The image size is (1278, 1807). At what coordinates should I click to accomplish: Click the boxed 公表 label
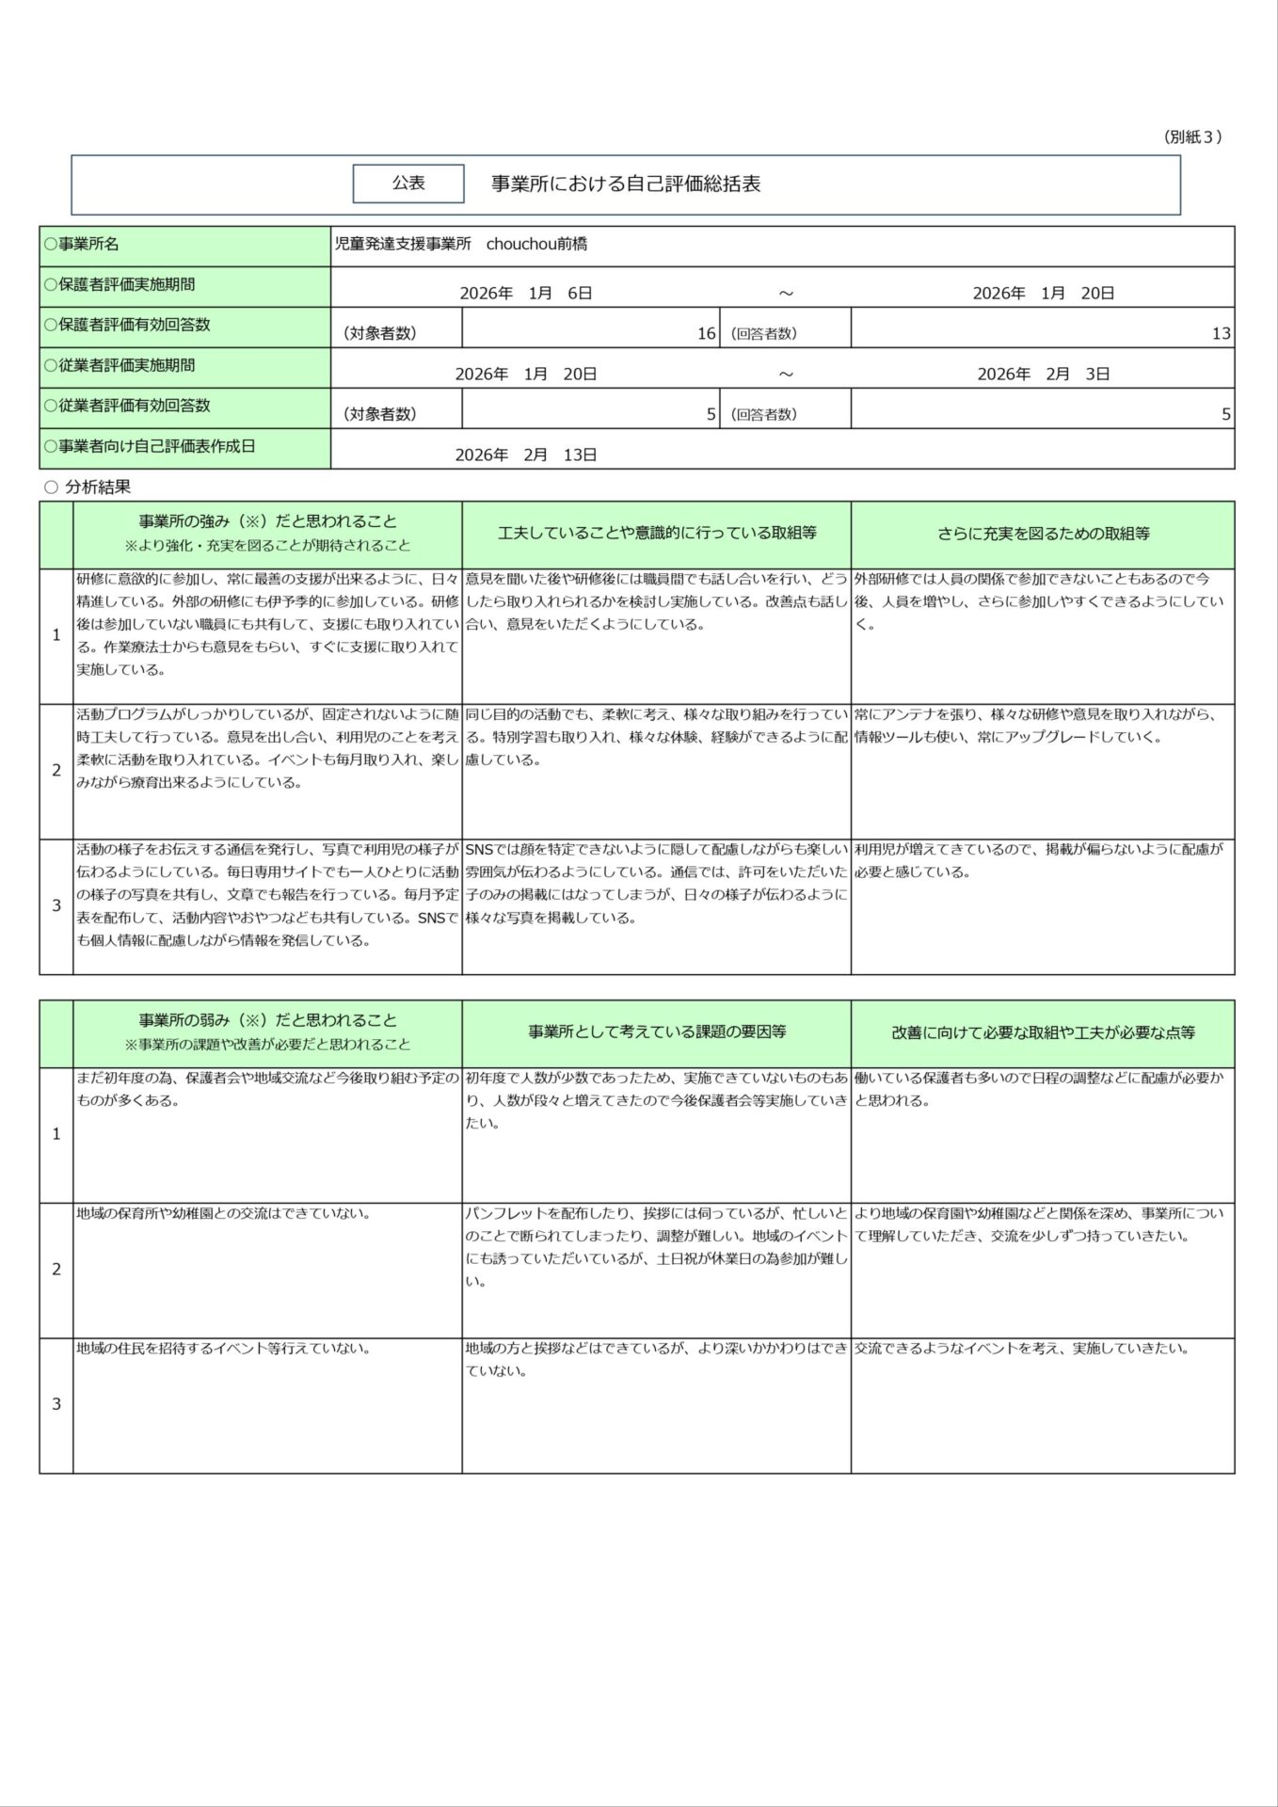coord(408,184)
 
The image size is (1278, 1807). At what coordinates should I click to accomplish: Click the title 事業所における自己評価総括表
coord(626,184)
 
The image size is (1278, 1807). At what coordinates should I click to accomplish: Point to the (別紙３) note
coord(1192,137)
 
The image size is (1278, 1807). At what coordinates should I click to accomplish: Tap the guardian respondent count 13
coord(1221,333)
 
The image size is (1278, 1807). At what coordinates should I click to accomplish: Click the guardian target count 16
coord(706,333)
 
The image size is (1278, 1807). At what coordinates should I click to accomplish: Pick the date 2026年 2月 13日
coord(526,456)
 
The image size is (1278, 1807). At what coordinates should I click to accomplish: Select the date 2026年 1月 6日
coord(526,294)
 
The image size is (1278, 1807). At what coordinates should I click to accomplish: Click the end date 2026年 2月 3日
coord(1043,375)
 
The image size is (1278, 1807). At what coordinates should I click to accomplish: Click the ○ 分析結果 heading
coord(88,488)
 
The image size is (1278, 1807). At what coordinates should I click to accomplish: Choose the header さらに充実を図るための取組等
coord(1043,534)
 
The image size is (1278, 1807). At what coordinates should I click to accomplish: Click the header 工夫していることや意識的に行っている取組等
coord(657,534)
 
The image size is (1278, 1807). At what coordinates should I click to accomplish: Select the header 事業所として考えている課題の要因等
coord(657,1032)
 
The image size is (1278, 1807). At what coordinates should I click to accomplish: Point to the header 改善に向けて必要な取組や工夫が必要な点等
coord(1043,1032)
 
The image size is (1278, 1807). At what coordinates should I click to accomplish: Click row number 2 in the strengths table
coord(56,771)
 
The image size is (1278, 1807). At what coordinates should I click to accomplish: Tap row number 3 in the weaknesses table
coord(56,1404)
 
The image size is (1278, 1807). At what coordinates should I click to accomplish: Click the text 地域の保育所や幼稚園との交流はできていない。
coord(224,1214)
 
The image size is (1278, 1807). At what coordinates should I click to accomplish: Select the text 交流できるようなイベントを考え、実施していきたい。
coord(1022,1349)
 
